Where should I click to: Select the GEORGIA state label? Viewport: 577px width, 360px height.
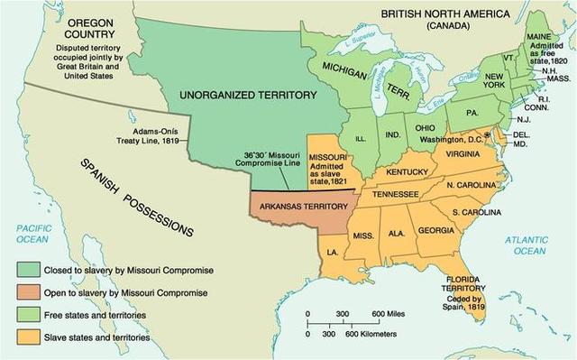436,230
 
